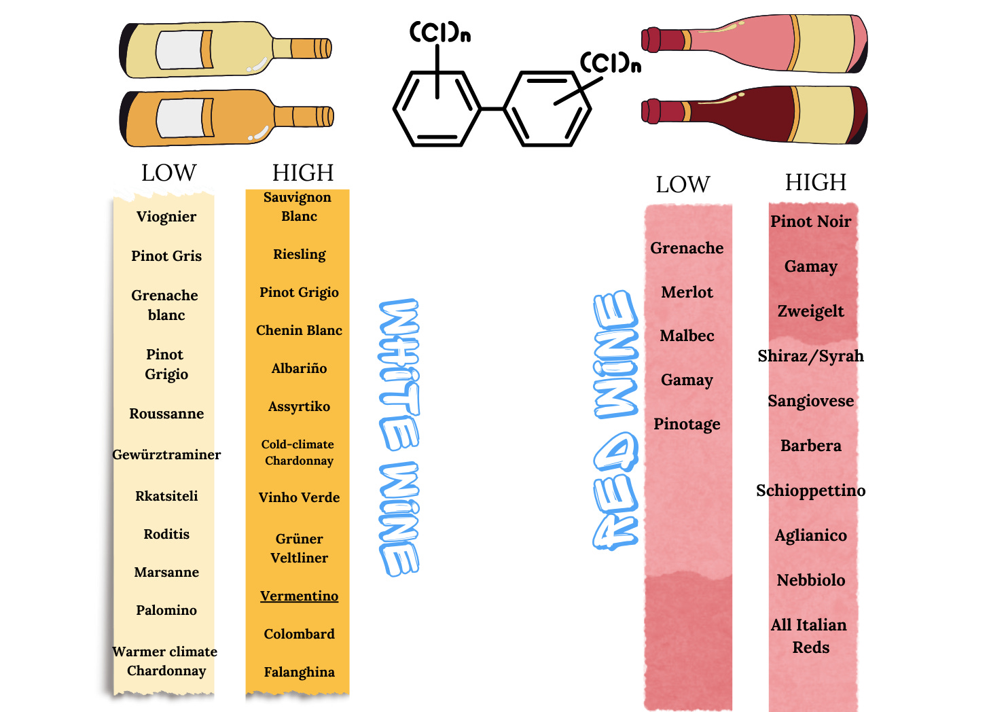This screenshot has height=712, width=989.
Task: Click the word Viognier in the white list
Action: tap(166, 217)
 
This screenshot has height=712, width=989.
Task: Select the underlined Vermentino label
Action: tap(299, 596)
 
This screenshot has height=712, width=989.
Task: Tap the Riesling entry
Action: tap(300, 254)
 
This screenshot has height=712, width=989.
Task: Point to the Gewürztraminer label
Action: tap(166, 455)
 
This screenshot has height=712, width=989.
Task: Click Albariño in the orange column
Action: tap(299, 368)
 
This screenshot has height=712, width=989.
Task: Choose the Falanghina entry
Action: tap(299, 672)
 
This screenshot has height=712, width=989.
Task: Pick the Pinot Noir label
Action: tap(810, 221)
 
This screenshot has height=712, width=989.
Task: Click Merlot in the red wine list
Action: tap(687, 292)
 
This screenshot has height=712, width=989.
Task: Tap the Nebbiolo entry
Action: tap(811, 580)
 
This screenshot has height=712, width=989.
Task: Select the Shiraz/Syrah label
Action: tap(810, 356)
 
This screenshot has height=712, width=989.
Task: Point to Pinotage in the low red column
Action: tap(687, 424)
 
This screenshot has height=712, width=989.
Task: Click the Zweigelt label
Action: tap(810, 311)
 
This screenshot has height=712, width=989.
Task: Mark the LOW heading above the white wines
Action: tap(168, 173)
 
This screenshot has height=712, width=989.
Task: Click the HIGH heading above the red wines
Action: tap(815, 182)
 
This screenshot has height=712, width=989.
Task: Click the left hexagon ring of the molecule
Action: tap(437, 109)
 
